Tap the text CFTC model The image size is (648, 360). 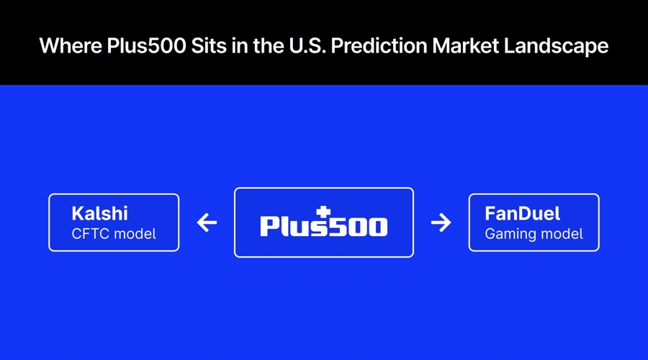click(114, 234)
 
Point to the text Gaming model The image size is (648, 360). click(534, 234)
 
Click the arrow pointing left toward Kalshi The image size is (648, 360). click(207, 223)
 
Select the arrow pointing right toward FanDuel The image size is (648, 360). click(441, 223)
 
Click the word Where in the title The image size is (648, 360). click(65, 46)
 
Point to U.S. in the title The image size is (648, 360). click(290, 46)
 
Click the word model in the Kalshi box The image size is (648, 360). click(135, 234)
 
